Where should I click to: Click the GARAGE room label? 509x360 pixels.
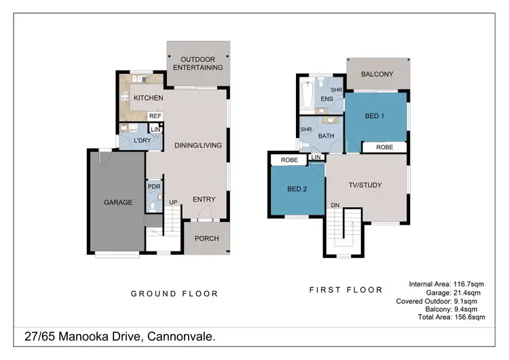tap(118, 202)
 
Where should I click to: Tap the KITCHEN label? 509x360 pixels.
tap(148, 98)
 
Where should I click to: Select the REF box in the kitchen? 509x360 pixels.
tap(155, 116)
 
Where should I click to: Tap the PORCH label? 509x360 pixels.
tap(206, 238)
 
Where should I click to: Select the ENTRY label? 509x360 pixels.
tap(204, 199)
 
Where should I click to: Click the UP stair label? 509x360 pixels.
tap(173, 202)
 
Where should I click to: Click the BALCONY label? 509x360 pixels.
tap(377, 74)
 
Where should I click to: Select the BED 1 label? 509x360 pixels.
tap(375, 116)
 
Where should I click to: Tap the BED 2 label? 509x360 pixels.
tap(297, 189)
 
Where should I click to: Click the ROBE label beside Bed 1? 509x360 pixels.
tap(384, 147)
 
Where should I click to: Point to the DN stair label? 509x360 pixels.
tap(335, 204)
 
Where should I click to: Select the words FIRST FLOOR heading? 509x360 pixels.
tap(345, 289)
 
